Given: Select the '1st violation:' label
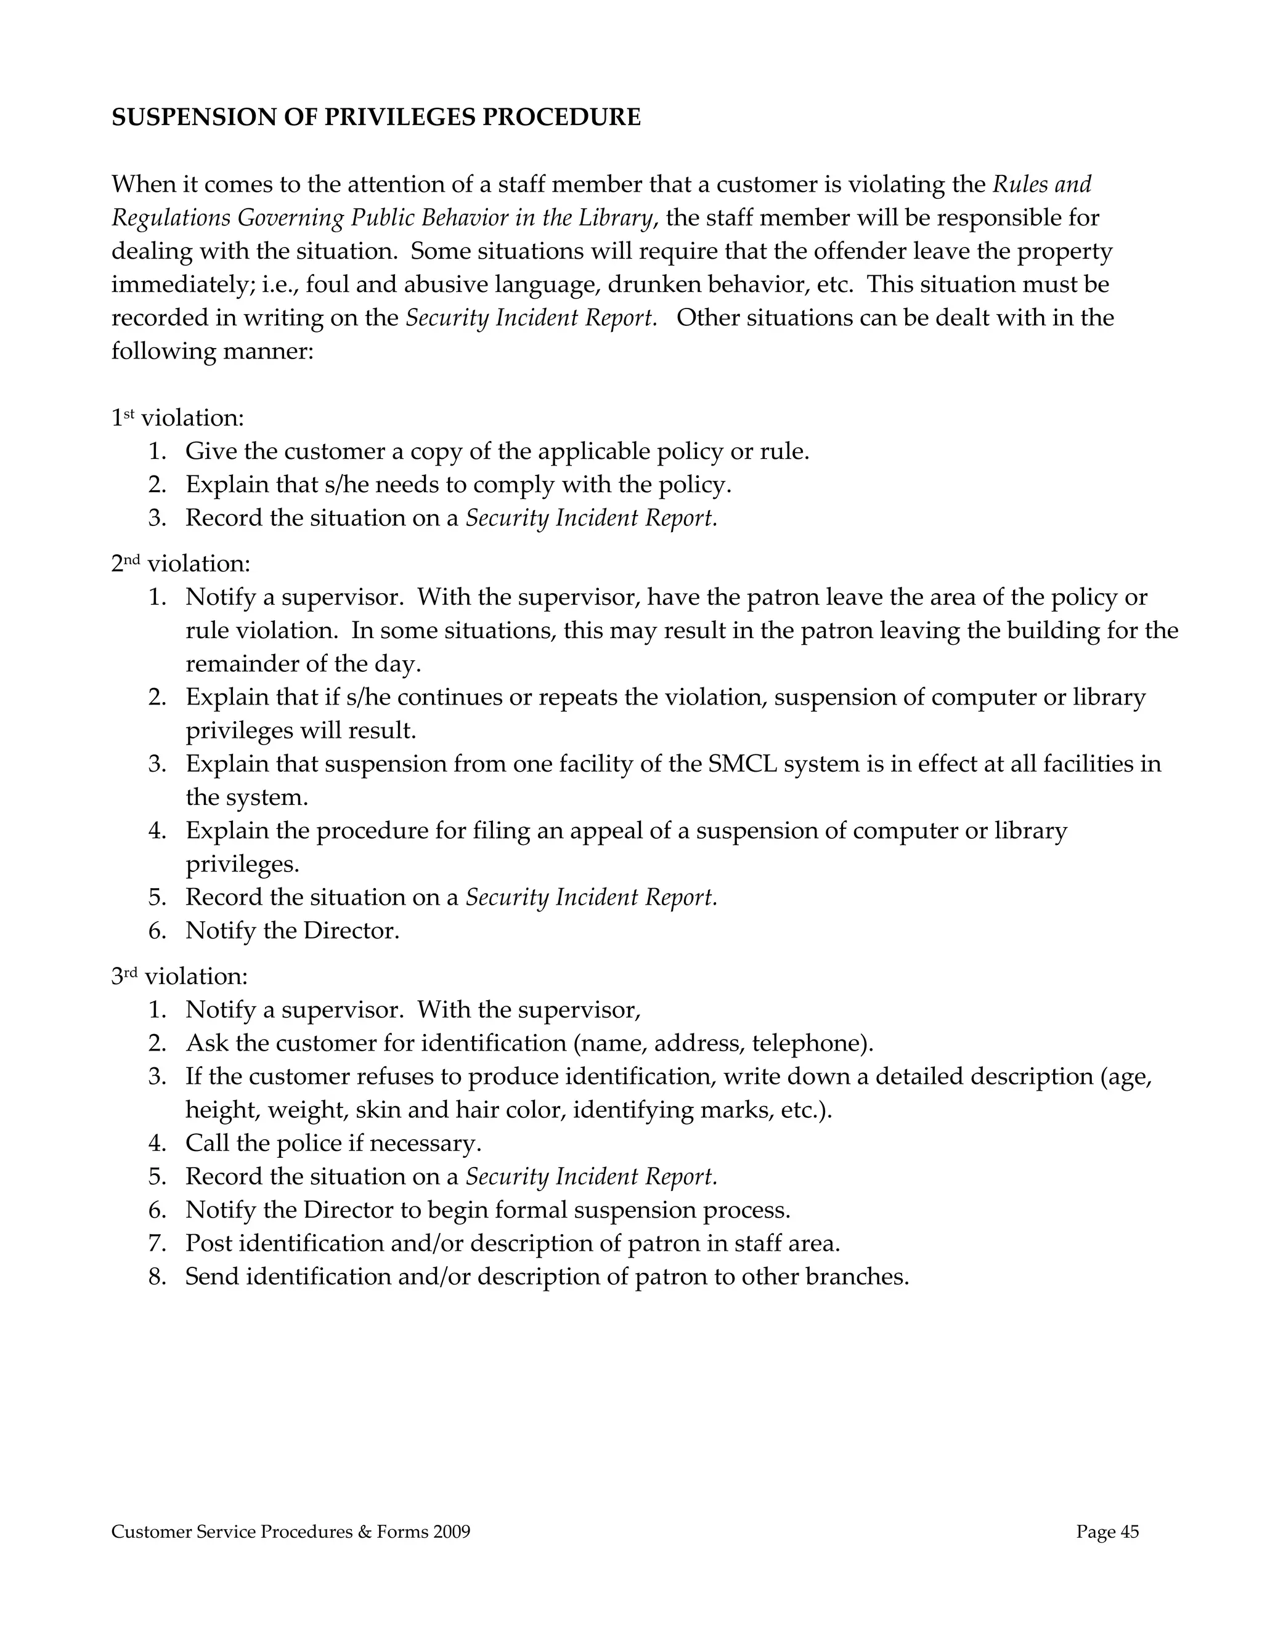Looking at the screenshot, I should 178,418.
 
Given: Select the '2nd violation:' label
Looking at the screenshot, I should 181,563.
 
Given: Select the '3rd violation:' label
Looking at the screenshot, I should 179,976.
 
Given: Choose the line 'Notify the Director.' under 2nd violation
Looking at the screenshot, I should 292,931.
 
